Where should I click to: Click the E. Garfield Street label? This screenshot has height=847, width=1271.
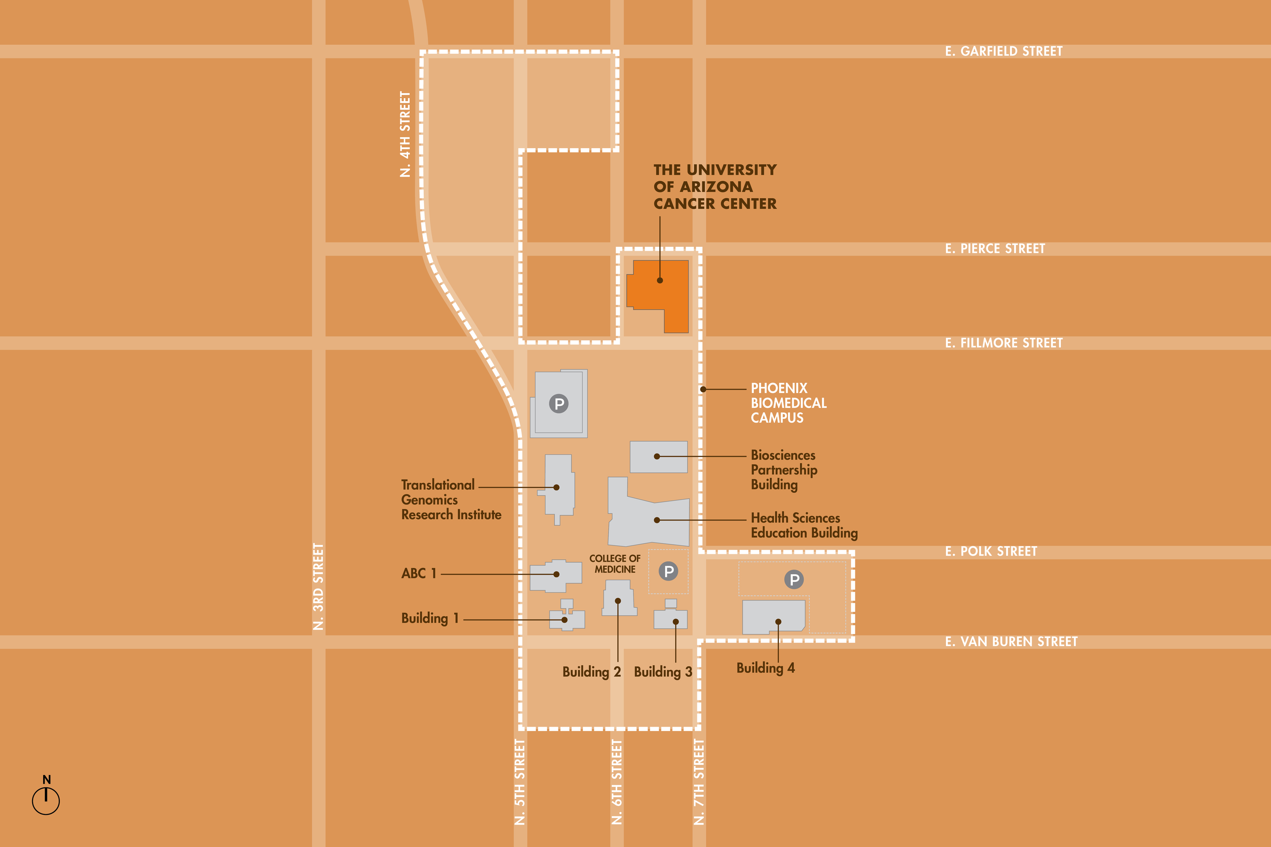(1004, 51)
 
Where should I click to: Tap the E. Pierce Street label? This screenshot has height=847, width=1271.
(995, 249)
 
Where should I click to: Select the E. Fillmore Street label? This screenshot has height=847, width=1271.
(1004, 343)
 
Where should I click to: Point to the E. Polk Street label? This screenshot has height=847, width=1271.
(991, 551)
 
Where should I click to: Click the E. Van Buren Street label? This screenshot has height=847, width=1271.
(1011, 642)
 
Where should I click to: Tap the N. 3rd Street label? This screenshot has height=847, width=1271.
(318, 587)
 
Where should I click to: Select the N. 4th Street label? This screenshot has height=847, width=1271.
(405, 134)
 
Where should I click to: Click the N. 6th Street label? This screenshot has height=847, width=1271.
(616, 782)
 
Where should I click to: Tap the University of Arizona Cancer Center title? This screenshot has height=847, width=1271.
(714, 186)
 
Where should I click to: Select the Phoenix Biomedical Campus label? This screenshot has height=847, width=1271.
(788, 403)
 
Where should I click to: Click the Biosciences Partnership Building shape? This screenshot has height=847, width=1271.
(659, 457)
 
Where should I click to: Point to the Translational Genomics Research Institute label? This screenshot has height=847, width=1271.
(451, 500)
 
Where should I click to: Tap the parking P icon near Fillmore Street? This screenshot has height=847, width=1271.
(559, 404)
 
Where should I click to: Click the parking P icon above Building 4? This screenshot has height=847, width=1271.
(794, 580)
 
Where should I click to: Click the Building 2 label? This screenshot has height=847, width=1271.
(591, 672)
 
